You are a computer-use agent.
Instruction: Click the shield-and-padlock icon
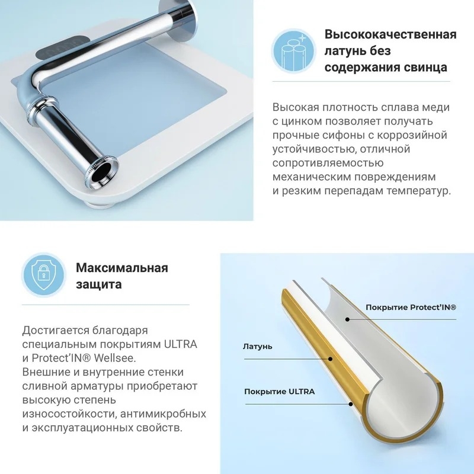[x=44, y=274]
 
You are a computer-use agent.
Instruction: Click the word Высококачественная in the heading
[x=390, y=35]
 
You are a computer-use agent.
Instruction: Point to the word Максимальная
[x=122, y=268]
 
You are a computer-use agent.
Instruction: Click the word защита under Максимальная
[x=98, y=284]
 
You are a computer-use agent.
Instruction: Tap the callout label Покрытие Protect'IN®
[x=411, y=308]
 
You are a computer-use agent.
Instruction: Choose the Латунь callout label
[x=257, y=347]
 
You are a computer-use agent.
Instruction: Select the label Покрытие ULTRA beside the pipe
[x=279, y=392]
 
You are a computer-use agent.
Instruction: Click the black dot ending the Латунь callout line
[x=331, y=359]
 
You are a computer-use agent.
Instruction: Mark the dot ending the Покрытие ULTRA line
[x=351, y=404]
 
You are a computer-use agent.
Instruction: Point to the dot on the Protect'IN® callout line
[x=348, y=319]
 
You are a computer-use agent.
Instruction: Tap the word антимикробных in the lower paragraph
[x=164, y=414]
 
